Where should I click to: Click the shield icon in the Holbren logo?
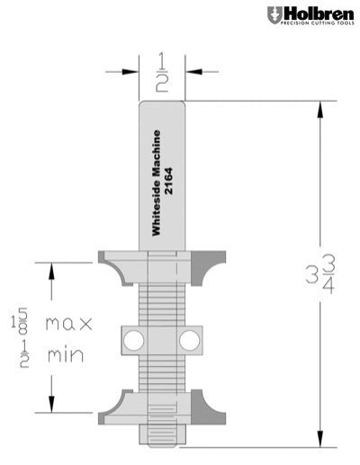click(274, 14)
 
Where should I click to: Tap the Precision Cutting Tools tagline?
click(316, 24)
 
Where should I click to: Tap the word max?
click(64, 323)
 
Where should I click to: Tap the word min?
click(64, 355)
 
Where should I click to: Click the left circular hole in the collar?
click(133, 339)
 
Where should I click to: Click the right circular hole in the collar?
click(190, 339)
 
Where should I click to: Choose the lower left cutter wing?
click(115, 404)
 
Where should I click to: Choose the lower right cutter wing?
click(209, 404)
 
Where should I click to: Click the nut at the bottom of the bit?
click(162, 434)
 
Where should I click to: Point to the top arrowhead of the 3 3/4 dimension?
click(319, 106)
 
